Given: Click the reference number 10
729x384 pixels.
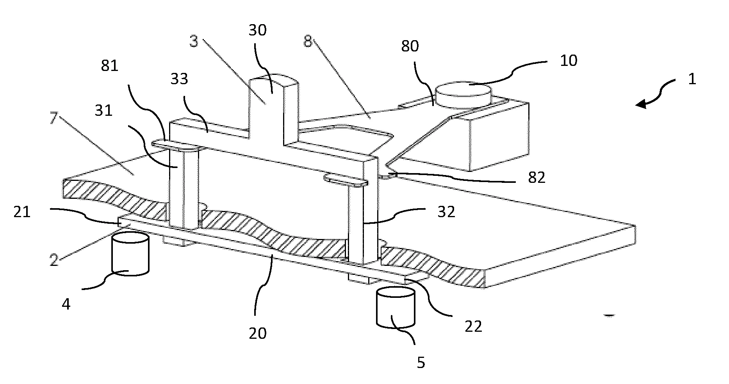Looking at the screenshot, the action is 569,60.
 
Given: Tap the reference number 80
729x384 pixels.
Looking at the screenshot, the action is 410,46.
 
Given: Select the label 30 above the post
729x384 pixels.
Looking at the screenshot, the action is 257,30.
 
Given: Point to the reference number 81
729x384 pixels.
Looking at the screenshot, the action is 109,66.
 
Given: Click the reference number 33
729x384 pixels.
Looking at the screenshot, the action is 179,79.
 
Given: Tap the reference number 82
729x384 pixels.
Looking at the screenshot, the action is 536,178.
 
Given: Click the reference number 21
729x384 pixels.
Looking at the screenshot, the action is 22,213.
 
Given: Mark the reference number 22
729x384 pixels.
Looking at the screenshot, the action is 473,326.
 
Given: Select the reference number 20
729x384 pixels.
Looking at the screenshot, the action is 258,333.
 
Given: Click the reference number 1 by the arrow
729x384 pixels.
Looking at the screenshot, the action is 692,79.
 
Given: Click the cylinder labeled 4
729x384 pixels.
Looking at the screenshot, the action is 130,254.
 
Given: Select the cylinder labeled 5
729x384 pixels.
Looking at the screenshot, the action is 395,307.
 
